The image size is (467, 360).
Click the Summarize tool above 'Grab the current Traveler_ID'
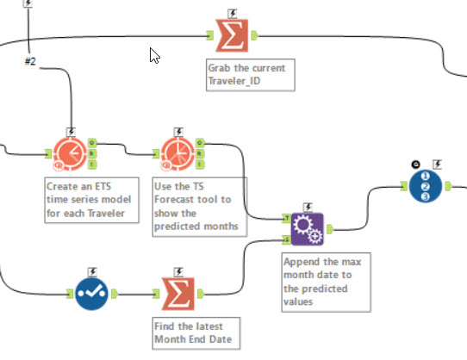[232, 35]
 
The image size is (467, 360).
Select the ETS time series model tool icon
[70, 154]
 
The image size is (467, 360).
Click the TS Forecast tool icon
[177, 154]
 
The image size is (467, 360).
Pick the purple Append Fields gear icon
[307, 229]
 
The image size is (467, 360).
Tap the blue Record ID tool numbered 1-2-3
[426, 186]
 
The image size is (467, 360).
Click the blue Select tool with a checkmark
[91, 295]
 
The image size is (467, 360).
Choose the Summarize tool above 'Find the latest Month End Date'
[178, 294]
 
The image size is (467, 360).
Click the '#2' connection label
[30, 62]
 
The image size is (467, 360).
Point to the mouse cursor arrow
[154, 56]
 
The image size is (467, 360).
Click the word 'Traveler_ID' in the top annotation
[234, 81]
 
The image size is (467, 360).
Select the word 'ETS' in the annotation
[103, 186]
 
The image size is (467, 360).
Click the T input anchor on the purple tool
[287, 218]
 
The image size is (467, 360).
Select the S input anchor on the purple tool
[287, 239]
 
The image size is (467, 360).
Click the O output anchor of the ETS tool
[92, 143]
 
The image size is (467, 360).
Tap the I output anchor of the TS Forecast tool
[200, 164]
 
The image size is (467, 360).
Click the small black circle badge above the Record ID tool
[416, 164]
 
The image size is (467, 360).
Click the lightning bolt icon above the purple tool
[308, 207]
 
